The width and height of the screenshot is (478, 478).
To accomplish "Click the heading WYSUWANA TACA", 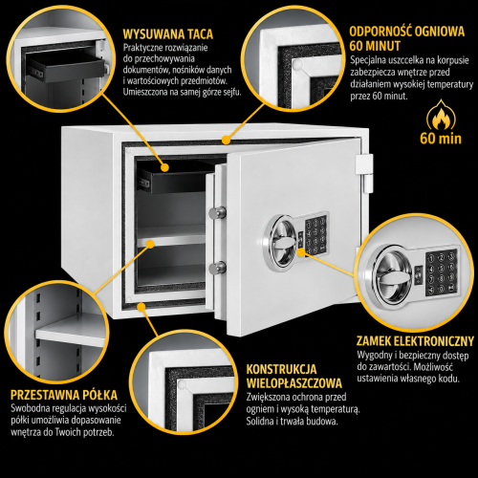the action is point(168,34).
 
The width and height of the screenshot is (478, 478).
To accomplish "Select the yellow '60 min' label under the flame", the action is point(441,139).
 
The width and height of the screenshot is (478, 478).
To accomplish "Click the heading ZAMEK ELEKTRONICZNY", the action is point(415,341).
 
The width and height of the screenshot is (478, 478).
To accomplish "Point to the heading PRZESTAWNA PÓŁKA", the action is point(64,395).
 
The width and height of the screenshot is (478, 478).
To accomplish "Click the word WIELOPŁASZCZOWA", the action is point(294,383).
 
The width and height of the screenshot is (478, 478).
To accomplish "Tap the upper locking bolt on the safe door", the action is point(218,212).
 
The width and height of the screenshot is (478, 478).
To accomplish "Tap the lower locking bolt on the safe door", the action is point(218,267).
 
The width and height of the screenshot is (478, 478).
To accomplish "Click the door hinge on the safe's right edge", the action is point(364,174).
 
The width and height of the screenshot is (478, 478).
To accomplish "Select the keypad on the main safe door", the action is point(315,233).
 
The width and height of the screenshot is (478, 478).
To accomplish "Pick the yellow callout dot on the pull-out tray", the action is point(164,167).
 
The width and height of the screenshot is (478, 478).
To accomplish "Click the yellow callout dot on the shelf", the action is point(150,244).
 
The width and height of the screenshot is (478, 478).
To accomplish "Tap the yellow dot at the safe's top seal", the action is point(226,140).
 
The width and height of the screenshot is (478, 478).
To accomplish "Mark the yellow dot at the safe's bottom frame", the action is point(141,307).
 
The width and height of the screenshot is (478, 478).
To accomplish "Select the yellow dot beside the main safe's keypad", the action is point(300,253).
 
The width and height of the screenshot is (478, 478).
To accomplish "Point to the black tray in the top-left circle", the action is point(65,66).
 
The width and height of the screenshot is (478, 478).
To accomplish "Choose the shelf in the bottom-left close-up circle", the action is point(70,332).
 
